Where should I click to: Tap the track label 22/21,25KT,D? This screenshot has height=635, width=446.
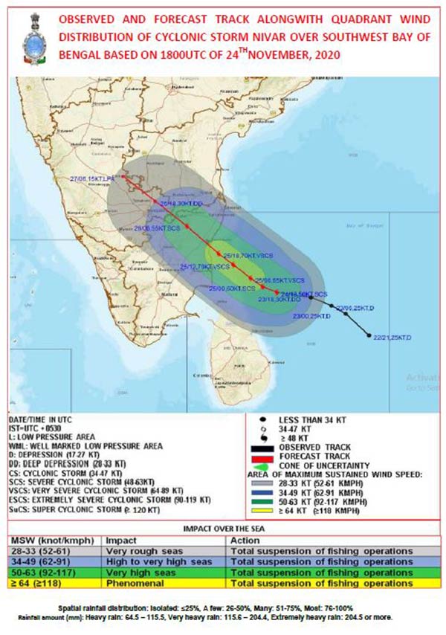pos(394,338)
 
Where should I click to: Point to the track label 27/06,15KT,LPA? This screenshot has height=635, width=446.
pos(94,179)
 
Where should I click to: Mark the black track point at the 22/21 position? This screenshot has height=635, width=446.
pos(369,336)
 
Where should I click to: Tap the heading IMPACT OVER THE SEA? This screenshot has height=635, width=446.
pos(222,528)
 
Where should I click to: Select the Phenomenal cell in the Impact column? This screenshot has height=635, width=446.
pos(134,583)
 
